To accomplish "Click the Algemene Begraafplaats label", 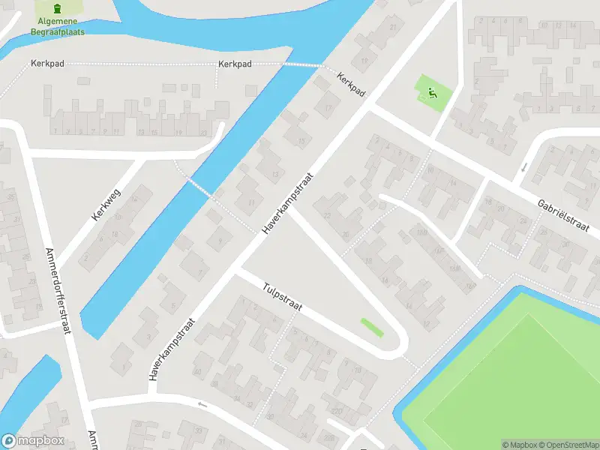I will pos(58,28).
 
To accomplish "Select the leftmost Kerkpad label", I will pos(47,64).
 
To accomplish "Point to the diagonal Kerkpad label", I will pos(351,84).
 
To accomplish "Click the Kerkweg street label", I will pos(106,203).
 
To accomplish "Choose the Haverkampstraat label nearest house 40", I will pos(173,349).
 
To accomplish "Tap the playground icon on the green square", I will pos(431,94).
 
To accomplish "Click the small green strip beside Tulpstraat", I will pos(372,328).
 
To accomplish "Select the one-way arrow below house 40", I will pos(201,404).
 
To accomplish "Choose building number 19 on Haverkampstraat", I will pos(364,61).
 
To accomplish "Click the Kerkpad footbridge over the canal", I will pos(302,66).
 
